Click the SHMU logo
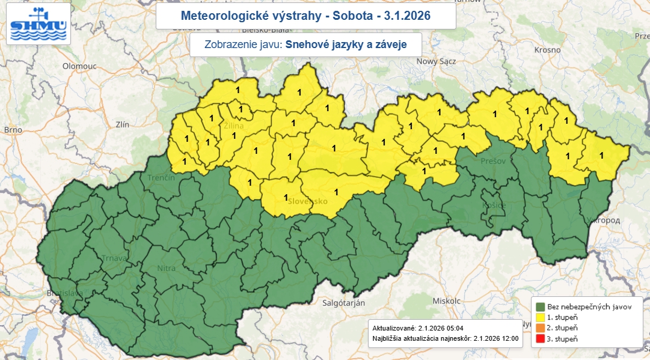click(39, 24)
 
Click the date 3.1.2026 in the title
click(405, 16)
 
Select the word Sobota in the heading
click(350, 16)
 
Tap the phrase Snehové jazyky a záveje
click(346, 44)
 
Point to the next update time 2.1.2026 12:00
click(497, 338)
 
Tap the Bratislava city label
click(64, 294)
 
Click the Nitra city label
click(166, 269)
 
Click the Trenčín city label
click(161, 178)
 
